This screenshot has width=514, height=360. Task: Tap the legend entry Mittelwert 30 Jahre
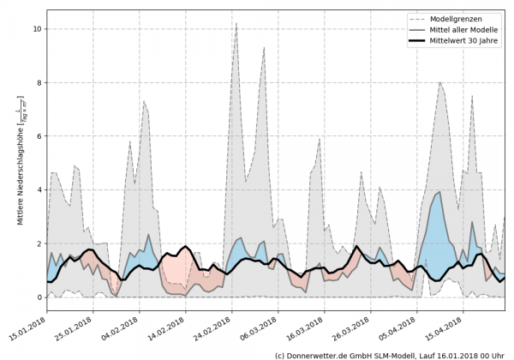click(469, 40)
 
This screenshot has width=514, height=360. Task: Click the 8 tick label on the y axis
click(39, 83)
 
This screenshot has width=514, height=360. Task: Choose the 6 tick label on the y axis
click(39, 136)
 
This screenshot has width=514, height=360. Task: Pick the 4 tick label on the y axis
click(39, 190)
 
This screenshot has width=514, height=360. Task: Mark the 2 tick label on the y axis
click(39, 243)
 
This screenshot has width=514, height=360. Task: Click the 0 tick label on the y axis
click(39, 297)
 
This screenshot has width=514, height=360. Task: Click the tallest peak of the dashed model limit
click(260, 24)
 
